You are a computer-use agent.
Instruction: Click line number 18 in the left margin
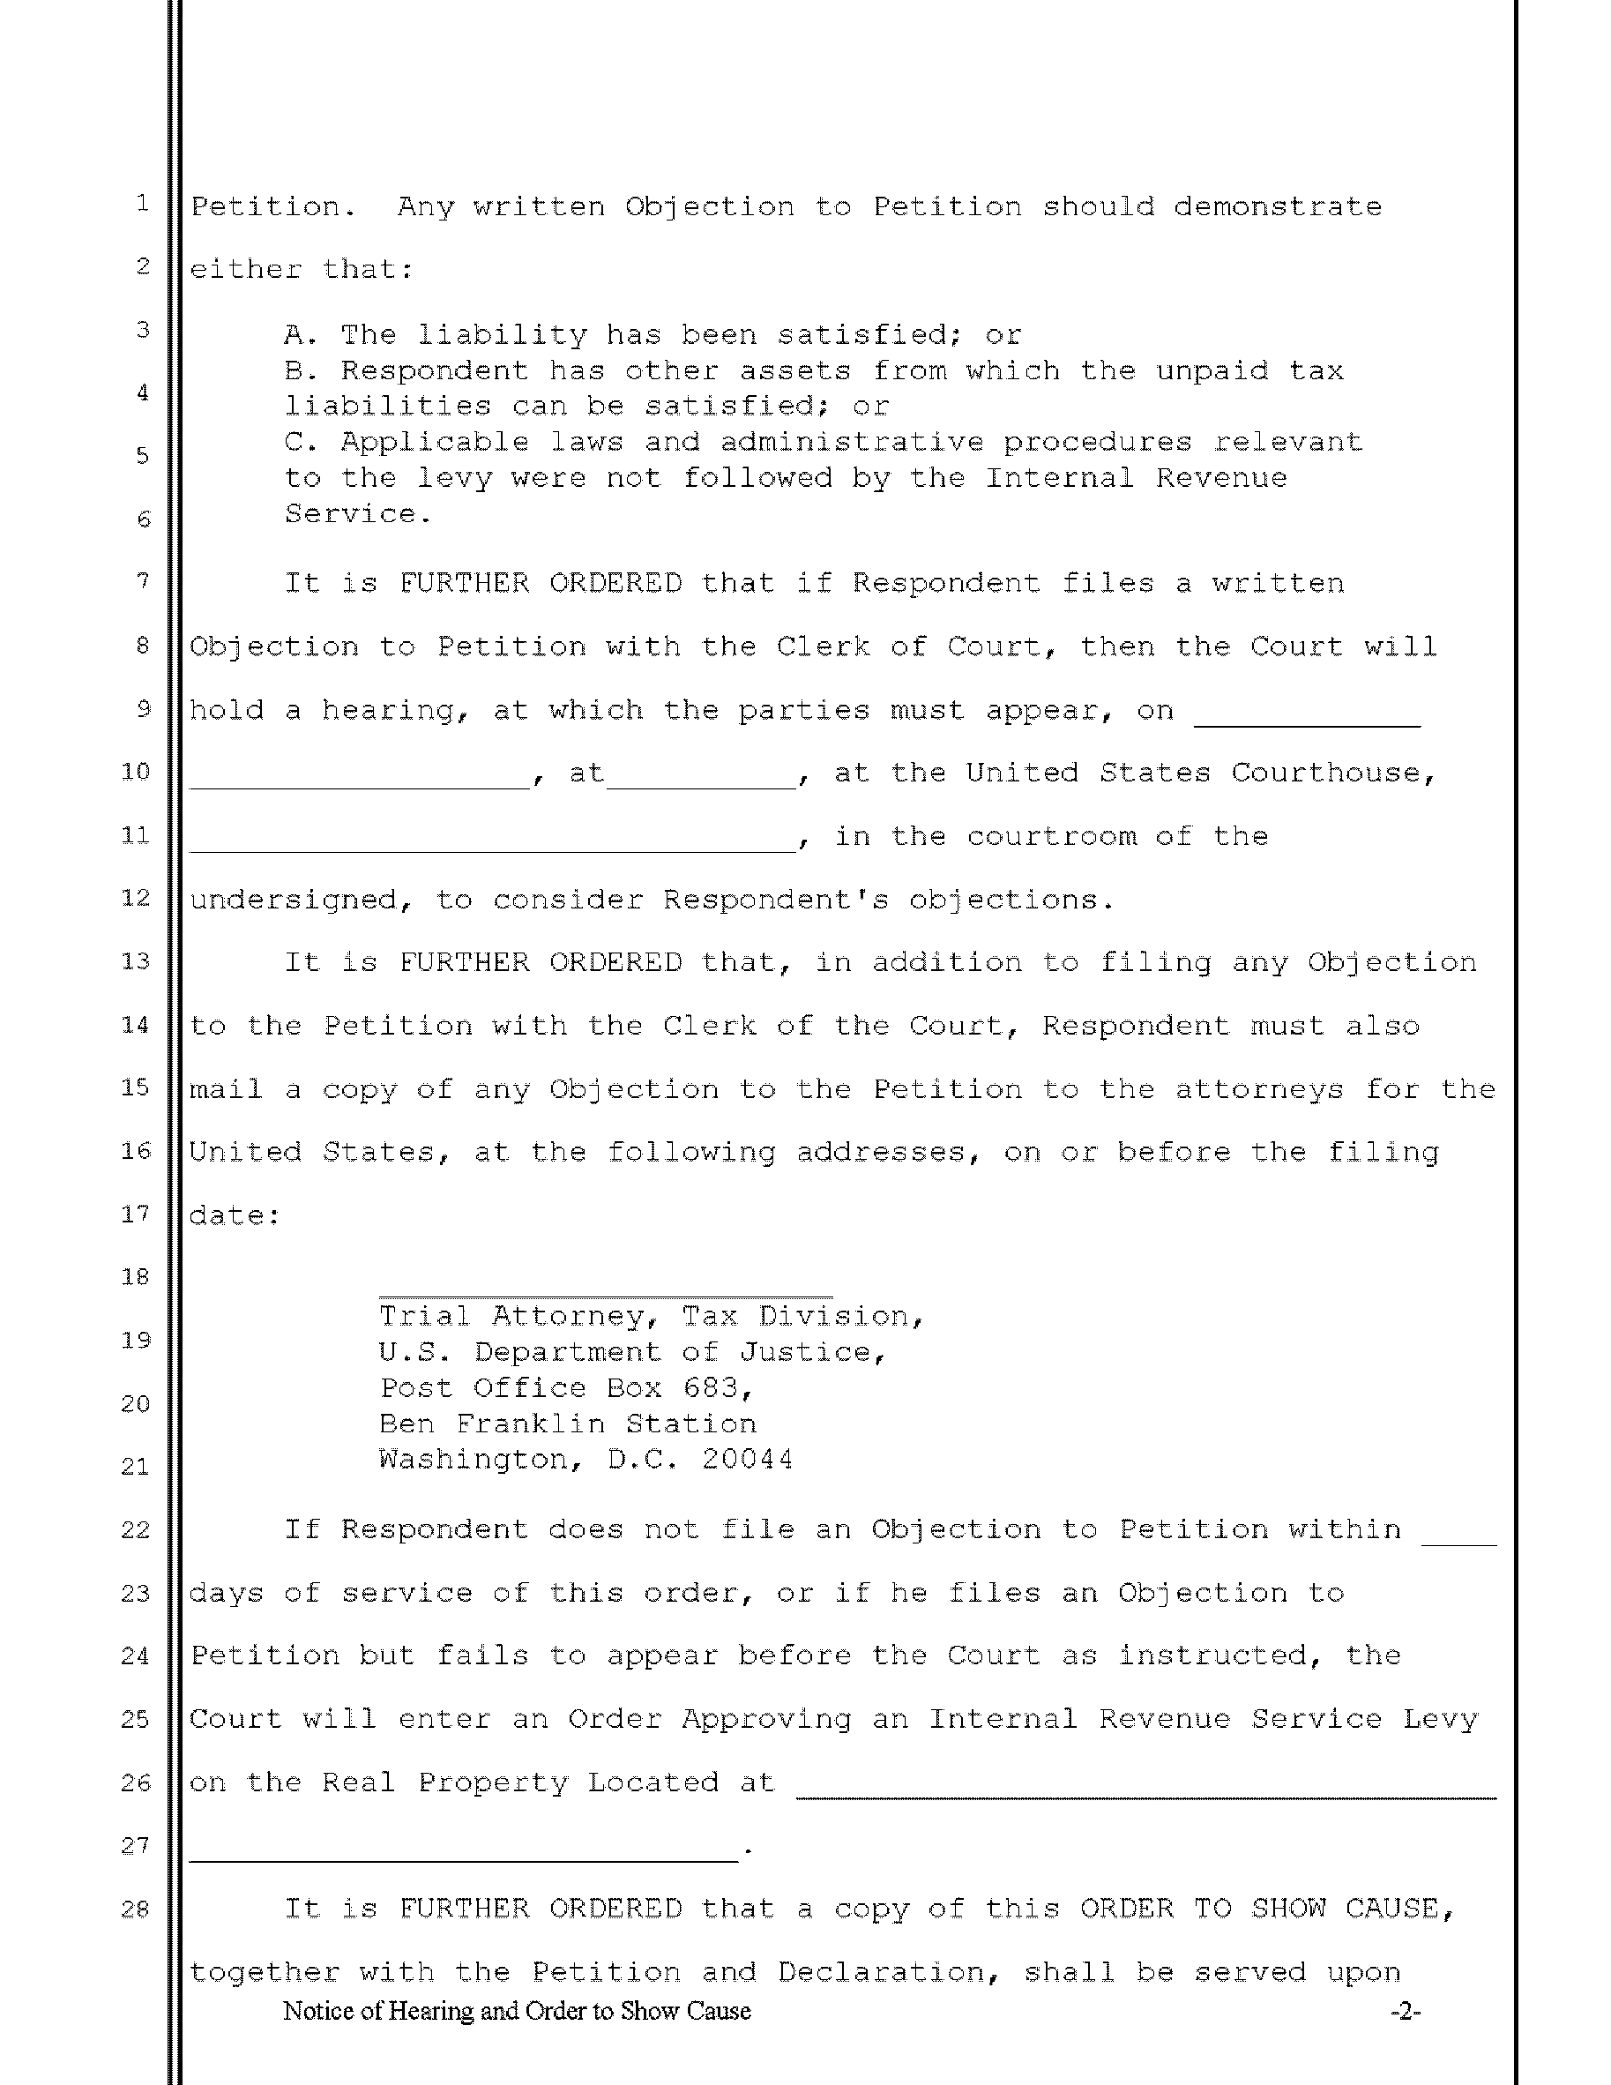click(136, 1277)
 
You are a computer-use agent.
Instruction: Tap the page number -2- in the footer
click(1405, 2012)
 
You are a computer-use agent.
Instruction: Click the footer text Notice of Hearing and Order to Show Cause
click(517, 2012)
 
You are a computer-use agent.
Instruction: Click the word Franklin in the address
click(531, 1424)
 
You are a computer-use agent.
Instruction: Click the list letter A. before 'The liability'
click(301, 335)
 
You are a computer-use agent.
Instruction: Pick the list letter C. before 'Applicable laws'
click(301, 443)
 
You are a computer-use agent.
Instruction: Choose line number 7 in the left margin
click(142, 581)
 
